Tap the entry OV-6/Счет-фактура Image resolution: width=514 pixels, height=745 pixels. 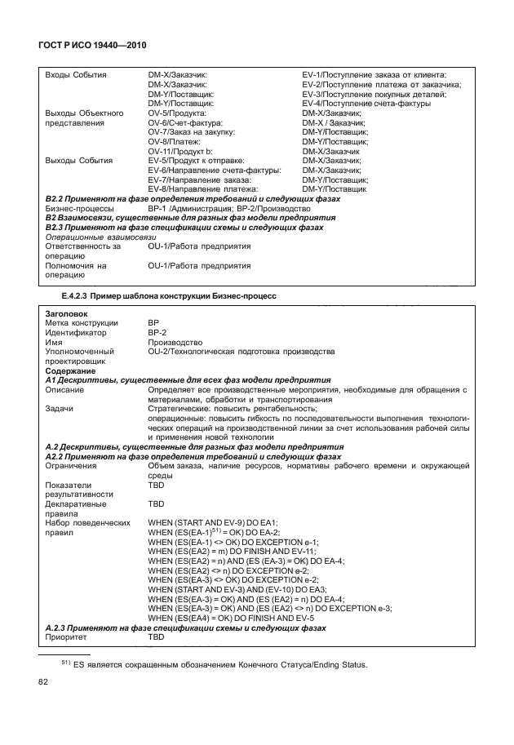coord(179,122)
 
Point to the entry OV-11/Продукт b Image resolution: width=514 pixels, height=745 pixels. coord(179,151)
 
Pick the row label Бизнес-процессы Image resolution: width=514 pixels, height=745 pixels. coord(78,209)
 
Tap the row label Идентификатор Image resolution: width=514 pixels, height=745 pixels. coord(75,333)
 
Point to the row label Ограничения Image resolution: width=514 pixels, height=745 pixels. coord(73,466)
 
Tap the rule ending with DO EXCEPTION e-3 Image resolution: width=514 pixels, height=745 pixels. coord(269,608)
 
